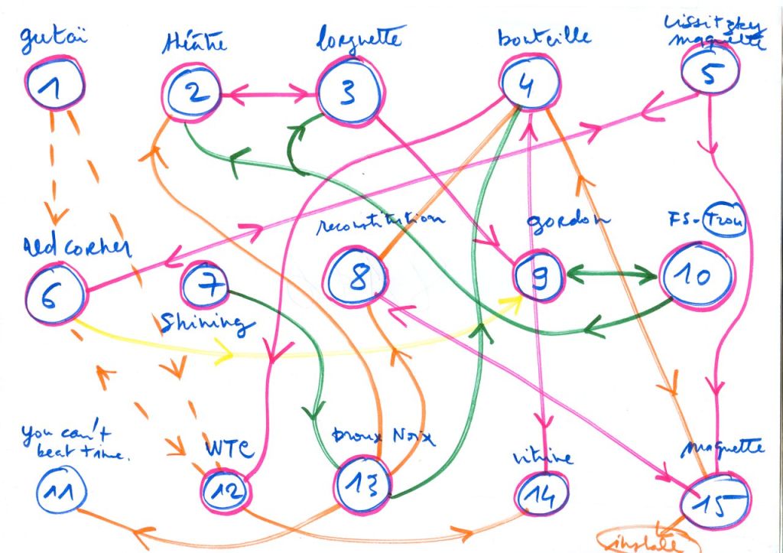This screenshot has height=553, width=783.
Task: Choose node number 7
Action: [206, 287]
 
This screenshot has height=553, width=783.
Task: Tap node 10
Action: [696, 276]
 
